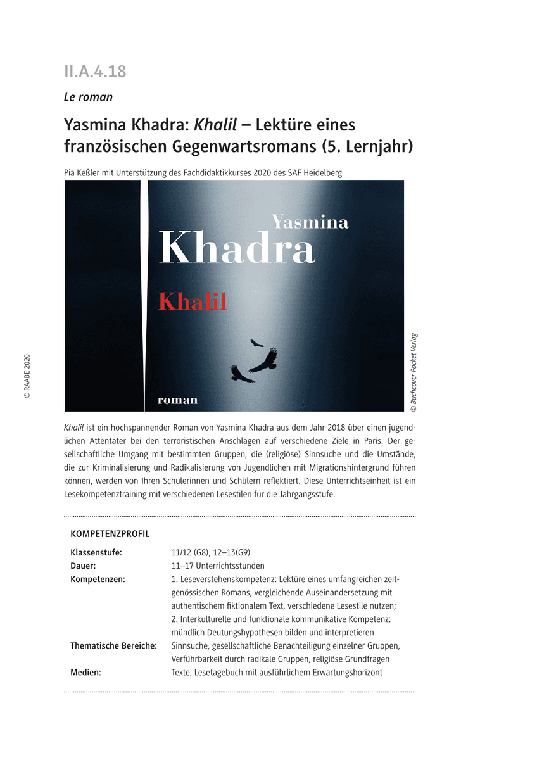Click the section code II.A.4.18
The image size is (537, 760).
tap(95, 72)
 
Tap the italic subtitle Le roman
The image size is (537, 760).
tap(88, 97)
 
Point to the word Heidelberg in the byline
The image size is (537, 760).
tap(320, 172)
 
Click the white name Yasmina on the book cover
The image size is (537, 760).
tap(310, 222)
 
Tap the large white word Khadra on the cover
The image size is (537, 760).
tap(237, 248)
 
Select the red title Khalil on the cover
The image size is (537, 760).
tap(193, 302)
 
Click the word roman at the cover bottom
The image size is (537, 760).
tap(177, 400)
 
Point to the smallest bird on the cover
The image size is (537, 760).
tap(256, 343)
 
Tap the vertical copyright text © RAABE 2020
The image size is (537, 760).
tap(27, 376)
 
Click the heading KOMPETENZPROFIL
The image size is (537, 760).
tap(110, 534)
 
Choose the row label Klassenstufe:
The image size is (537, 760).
tap(96, 553)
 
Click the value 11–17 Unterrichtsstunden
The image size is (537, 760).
tap(218, 566)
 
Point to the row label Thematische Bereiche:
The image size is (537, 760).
tap(113, 646)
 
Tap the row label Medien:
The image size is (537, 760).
tap(86, 673)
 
